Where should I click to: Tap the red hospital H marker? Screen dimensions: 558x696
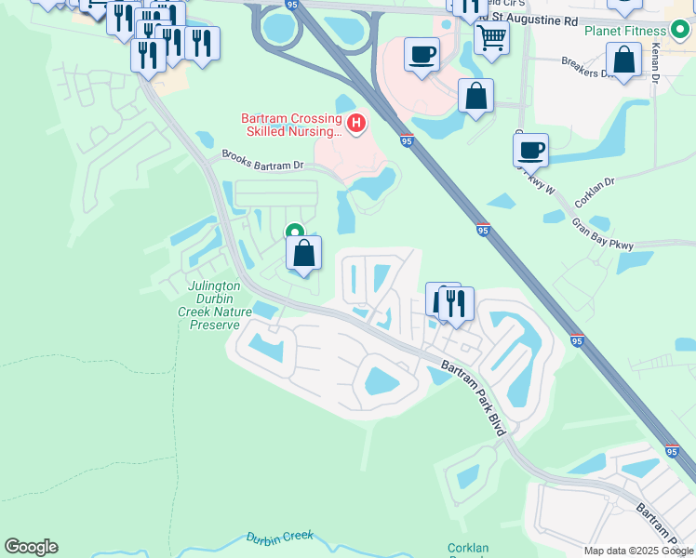tap(355, 122)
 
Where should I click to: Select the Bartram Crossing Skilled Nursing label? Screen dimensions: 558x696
tap(290, 125)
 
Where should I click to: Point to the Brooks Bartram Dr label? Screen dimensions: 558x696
tap(261, 160)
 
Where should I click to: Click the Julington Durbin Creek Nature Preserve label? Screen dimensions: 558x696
tap(215, 305)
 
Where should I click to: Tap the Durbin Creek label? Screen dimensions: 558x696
tap(280, 537)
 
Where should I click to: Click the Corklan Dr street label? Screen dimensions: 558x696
tap(596, 193)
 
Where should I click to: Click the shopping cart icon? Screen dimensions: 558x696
tap(490, 37)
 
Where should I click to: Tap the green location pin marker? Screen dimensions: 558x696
tap(295, 232)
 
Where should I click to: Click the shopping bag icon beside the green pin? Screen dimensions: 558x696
tap(303, 252)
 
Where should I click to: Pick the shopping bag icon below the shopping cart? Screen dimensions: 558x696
tap(475, 96)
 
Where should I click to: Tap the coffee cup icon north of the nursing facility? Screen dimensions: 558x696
tap(422, 53)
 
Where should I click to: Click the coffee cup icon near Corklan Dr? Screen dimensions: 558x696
tap(530, 148)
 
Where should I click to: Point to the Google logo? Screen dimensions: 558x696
tap(31, 547)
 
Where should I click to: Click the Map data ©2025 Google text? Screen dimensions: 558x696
tap(639, 551)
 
